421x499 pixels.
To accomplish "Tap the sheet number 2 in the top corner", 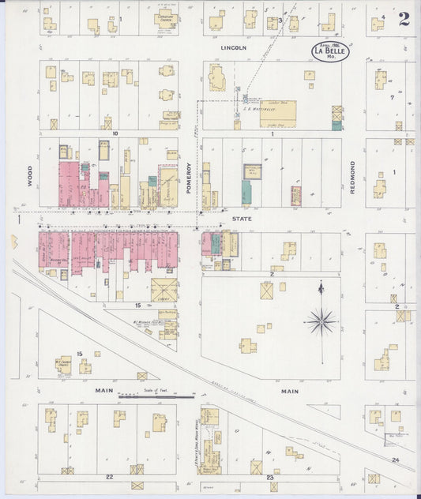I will (404, 19).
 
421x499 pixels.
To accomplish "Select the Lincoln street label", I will (233, 47).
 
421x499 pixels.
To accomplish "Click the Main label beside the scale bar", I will (104, 390).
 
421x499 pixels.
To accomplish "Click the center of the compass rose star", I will (321, 321).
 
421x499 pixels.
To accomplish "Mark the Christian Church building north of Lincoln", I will (165, 22).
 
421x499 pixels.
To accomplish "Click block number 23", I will (270, 477).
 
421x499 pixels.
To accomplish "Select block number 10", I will (115, 134).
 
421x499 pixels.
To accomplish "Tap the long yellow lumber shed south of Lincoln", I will (277, 111).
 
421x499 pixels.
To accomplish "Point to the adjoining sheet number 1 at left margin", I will (16, 219).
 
